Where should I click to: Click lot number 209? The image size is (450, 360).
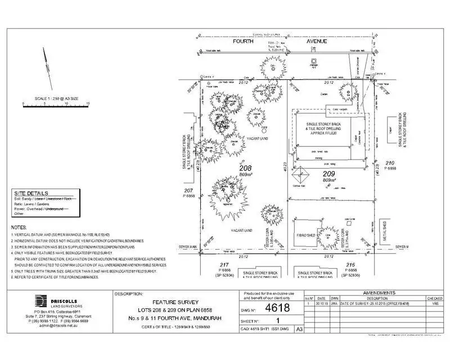[328, 174]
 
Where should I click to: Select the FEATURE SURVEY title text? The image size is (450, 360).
[175, 303]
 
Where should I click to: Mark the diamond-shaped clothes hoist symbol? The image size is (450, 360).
[301, 174]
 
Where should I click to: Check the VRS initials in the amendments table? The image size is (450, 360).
[434, 303]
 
